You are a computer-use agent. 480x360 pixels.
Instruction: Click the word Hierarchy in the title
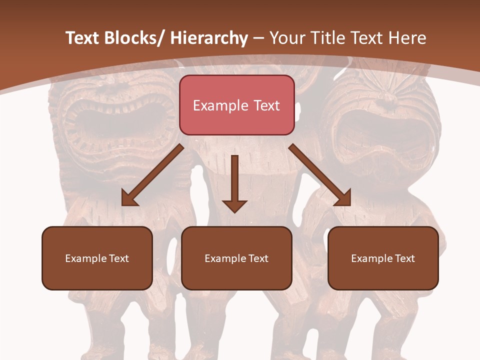pyautogui.click(x=209, y=38)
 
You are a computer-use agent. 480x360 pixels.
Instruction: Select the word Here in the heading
pyautogui.click(x=407, y=38)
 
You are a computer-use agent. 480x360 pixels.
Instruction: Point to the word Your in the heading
pyautogui.click(x=287, y=38)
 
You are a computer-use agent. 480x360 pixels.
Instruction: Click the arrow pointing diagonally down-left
pyautogui.click(x=152, y=175)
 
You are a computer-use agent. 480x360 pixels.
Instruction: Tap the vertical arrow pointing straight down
pyautogui.click(x=234, y=182)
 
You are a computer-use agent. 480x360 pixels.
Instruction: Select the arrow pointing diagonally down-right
pyautogui.click(x=320, y=175)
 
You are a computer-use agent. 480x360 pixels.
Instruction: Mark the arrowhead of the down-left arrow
pyautogui.click(x=129, y=199)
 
